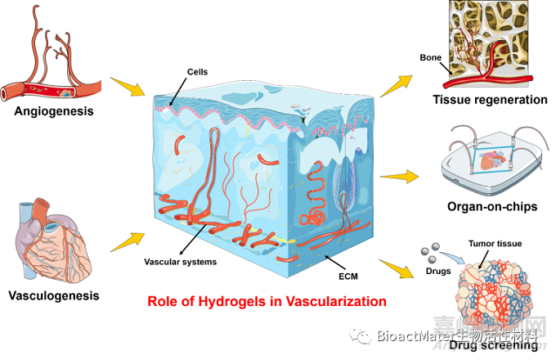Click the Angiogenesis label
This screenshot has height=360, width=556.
tap(53, 110)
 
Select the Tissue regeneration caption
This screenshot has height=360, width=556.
tap(491, 100)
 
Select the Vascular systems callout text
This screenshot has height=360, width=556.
tap(181, 262)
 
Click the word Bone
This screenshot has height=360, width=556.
tap(431, 57)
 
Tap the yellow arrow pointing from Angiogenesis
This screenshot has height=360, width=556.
tap(123, 85)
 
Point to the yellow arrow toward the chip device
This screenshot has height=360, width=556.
tap(400, 175)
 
